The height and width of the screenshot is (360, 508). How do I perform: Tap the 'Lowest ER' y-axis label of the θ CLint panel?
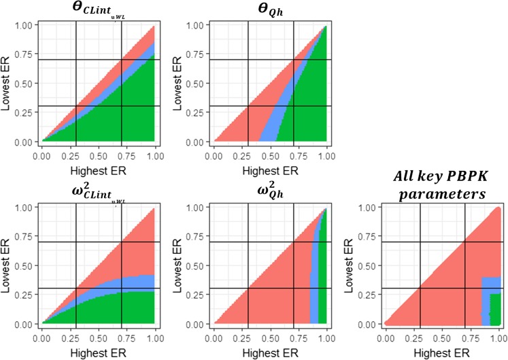coord(7,84)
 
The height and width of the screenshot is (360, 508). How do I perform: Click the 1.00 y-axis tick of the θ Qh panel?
coord(195,25)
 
